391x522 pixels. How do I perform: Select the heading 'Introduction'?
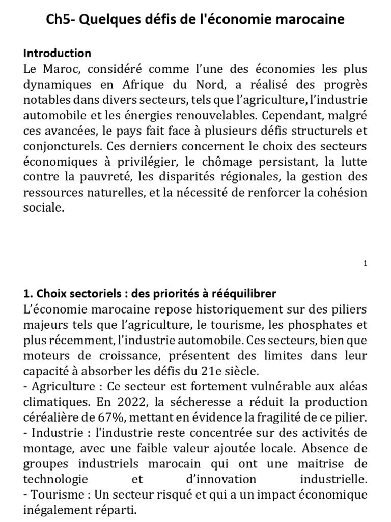(58, 53)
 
